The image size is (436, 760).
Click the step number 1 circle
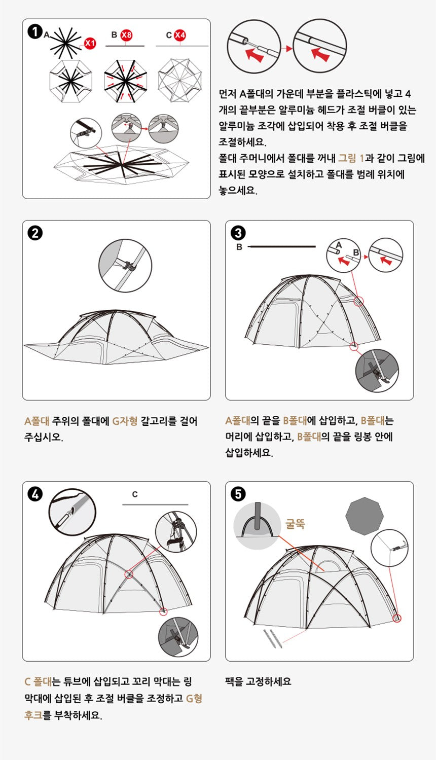pyautogui.click(x=35, y=31)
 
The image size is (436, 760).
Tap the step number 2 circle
pyautogui.click(x=35, y=233)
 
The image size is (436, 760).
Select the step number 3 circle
pyautogui.click(x=238, y=233)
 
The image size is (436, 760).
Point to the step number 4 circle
pyautogui.click(x=35, y=494)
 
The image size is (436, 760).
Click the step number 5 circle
pyautogui.click(x=238, y=494)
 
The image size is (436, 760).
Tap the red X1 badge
pyautogui.click(x=90, y=43)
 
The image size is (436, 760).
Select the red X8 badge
pyautogui.click(x=126, y=35)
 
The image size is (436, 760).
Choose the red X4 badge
pyautogui.click(x=180, y=35)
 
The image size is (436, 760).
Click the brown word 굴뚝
pyautogui.click(x=295, y=524)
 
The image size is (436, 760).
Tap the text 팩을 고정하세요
pyautogui.click(x=258, y=681)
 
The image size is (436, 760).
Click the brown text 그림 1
pyautogui.click(x=351, y=158)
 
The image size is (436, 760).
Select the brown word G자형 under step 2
pyautogui.click(x=125, y=421)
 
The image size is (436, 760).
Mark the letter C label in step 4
pyautogui.click(x=135, y=494)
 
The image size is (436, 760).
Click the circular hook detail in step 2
pyautogui.click(x=125, y=265)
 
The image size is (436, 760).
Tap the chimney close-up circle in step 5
pyautogui.click(x=257, y=526)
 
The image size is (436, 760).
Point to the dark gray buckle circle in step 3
pyautogui.click(x=377, y=371)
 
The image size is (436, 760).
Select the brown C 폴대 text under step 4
pyautogui.click(x=38, y=682)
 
